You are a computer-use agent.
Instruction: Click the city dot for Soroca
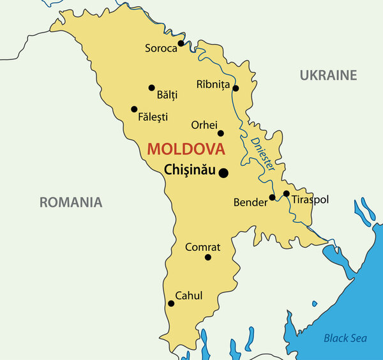[x=181, y=43]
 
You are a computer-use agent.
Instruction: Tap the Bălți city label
[x=167, y=95]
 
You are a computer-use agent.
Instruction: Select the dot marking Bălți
[x=151, y=88]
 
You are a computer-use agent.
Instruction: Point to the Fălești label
[x=153, y=117]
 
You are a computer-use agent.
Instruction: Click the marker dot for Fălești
[x=134, y=109]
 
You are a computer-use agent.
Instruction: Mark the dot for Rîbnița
[x=236, y=88]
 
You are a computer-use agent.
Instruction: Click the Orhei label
[x=204, y=124]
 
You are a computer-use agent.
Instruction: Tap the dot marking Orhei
[x=221, y=133]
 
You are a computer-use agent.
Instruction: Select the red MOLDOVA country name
[x=186, y=149]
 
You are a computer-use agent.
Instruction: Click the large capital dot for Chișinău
[x=223, y=172]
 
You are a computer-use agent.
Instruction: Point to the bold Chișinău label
[x=190, y=170]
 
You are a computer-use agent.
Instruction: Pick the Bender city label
[x=250, y=202]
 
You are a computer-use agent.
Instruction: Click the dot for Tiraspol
[x=287, y=193]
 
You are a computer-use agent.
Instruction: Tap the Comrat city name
[x=202, y=247]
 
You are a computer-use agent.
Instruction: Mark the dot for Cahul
[x=171, y=303]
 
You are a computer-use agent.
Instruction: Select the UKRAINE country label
[x=328, y=75]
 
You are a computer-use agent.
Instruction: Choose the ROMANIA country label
[x=71, y=202]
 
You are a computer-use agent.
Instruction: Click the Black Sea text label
[x=345, y=338]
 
